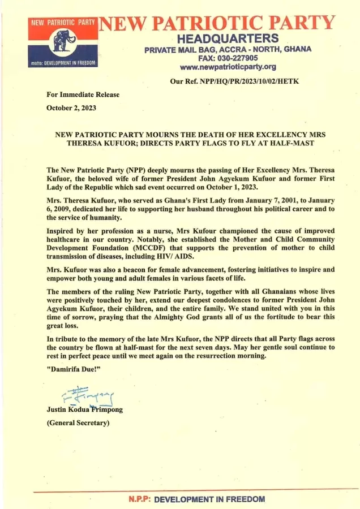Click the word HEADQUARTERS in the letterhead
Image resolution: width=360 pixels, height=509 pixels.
(x=228, y=38)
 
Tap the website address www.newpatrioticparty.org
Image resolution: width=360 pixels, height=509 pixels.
(x=228, y=66)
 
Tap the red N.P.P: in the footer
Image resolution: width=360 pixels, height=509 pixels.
(x=139, y=499)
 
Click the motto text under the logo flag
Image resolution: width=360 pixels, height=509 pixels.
(x=63, y=63)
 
